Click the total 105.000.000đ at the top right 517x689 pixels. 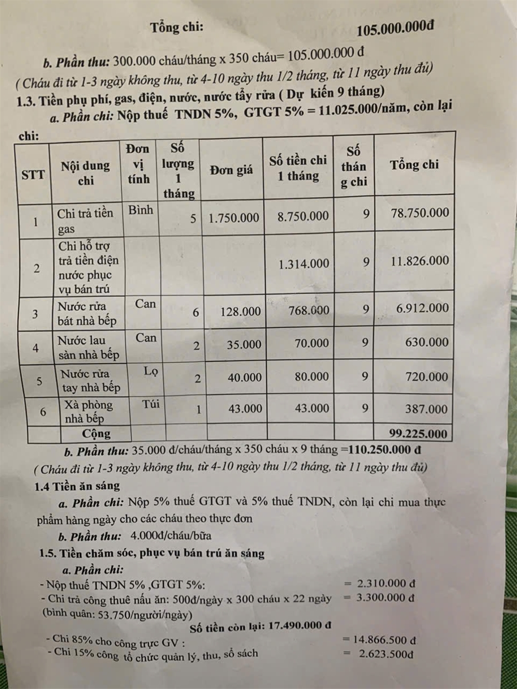395,29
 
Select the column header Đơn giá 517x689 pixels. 230,170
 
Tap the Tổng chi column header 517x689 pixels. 414,165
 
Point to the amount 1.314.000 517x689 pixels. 304,264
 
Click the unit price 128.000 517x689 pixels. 240,311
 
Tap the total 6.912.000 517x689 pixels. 422,309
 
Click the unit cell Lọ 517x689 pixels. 151,372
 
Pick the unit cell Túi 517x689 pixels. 151,404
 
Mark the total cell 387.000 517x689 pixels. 426,409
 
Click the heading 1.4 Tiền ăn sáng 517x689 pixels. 77,486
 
